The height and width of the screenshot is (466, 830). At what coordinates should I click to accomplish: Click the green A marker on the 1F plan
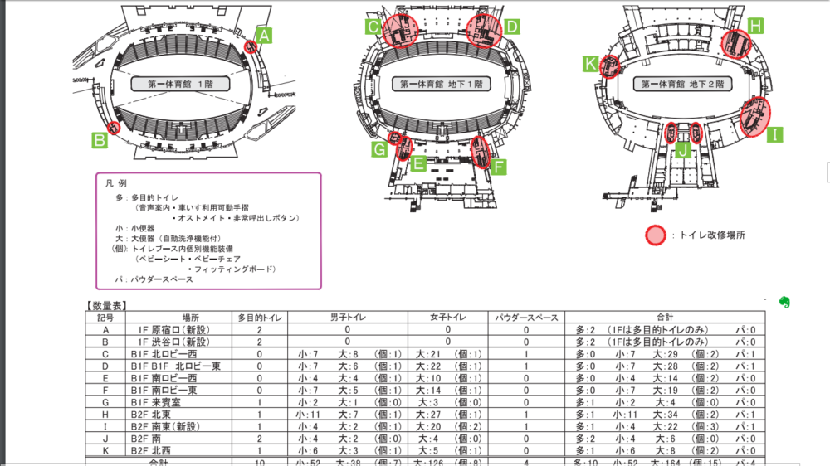point(264,36)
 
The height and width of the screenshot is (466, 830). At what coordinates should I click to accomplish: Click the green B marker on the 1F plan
point(100,140)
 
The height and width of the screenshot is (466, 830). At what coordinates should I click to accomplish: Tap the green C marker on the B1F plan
point(375,27)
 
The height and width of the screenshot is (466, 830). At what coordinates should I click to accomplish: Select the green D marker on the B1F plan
point(512,27)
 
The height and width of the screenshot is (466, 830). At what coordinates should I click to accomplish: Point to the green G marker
point(379,149)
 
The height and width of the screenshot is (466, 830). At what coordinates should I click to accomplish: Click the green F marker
point(499,167)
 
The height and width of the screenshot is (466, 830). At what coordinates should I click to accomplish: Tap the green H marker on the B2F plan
point(755,26)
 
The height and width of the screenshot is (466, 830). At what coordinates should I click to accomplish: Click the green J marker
point(682,150)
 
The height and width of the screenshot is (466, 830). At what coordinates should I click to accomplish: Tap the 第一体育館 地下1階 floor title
point(440,84)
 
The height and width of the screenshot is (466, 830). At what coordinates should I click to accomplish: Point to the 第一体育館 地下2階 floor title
point(685,84)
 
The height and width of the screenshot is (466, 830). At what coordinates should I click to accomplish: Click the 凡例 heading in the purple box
point(116,182)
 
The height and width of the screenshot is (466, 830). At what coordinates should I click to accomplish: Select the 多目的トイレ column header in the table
point(260,318)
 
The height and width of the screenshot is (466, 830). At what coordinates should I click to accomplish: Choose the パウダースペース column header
point(526,318)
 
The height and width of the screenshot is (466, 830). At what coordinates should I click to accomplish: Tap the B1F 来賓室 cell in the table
point(166,402)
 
